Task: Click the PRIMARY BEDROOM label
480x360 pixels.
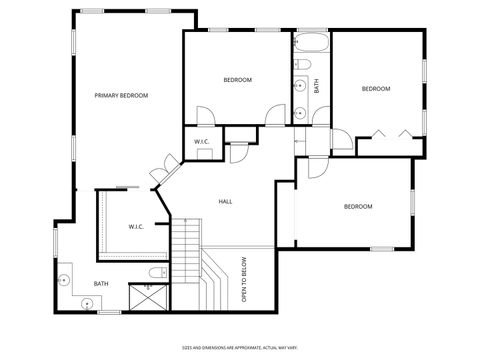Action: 121,95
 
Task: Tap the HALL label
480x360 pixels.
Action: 225,202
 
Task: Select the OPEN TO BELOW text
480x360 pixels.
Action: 244,280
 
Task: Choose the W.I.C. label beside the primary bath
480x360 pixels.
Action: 136,227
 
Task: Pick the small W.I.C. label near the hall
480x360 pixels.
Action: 201,142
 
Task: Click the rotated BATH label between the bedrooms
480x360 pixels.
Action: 317,86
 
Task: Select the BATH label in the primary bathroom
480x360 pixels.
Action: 101,283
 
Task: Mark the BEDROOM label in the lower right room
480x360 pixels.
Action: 358,206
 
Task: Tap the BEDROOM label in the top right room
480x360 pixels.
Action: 375,89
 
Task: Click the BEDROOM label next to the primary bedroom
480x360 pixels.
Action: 237,80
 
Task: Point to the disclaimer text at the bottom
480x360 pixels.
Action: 239,346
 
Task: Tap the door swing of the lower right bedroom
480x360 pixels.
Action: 317,167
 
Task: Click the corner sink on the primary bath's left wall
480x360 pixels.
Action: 65,280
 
